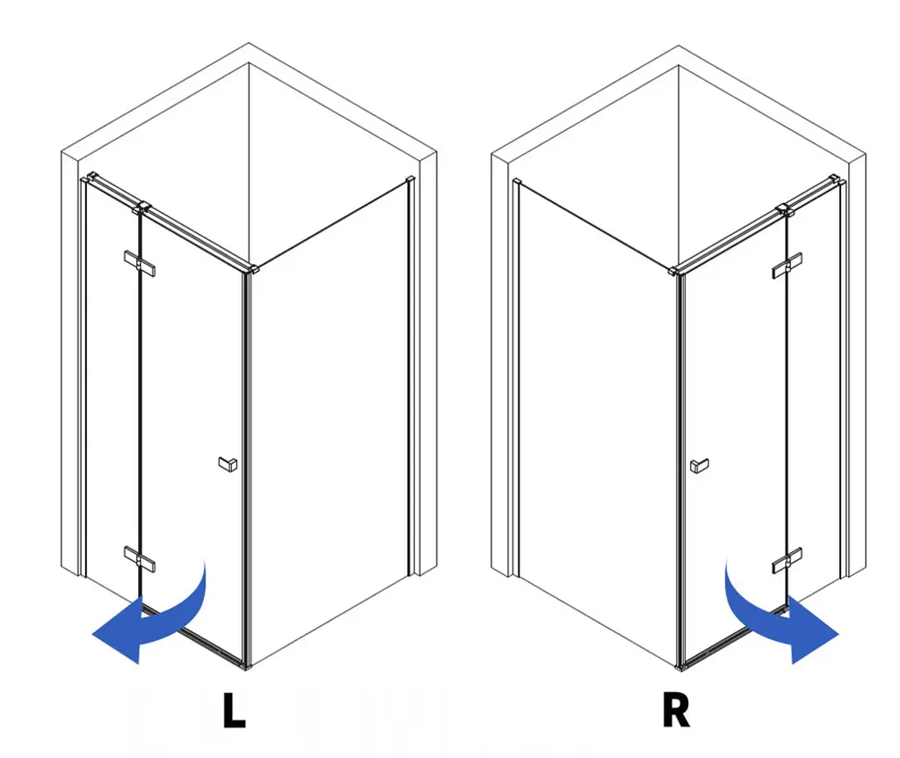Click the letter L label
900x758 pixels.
tap(234, 711)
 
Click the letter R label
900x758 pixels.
tap(676, 711)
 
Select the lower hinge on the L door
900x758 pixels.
tap(140, 558)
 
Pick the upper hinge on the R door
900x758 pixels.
tap(787, 266)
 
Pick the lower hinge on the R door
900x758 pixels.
tap(787, 560)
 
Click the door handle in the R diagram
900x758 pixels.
tap(699, 465)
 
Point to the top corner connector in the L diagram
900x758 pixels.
tap(253, 268)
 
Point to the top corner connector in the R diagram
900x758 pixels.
tap(675, 270)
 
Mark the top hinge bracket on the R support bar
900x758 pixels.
tap(785, 209)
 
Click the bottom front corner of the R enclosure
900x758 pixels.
tap(680, 667)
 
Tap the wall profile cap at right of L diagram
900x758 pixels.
tap(410, 179)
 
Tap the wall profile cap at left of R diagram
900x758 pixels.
tap(517, 182)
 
